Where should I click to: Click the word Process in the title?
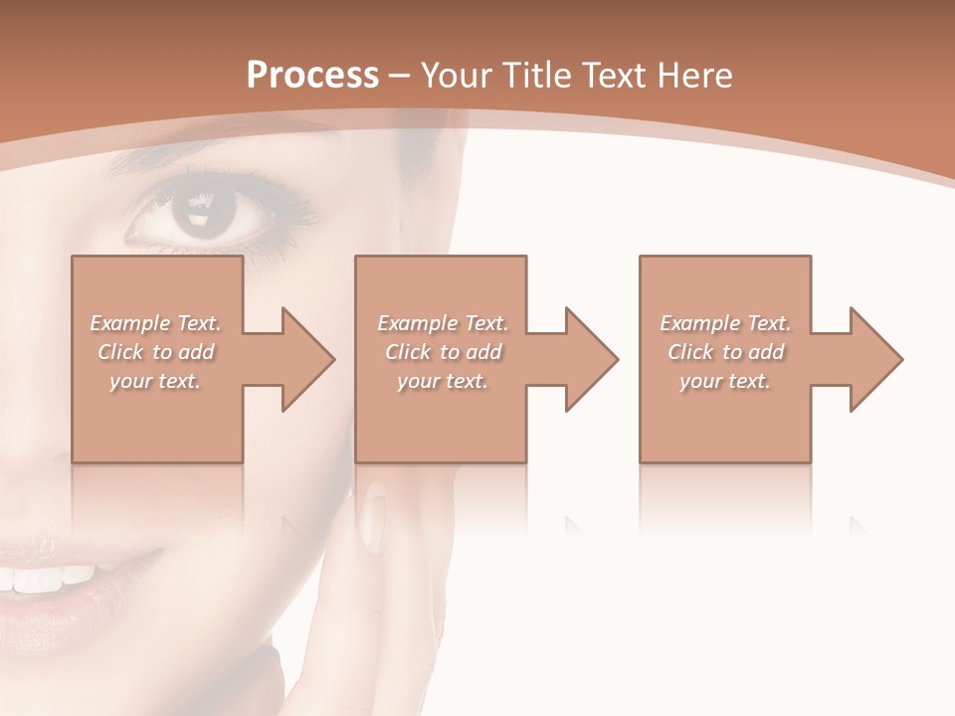(x=312, y=76)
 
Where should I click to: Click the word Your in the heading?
(x=459, y=76)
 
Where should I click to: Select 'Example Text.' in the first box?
(x=156, y=323)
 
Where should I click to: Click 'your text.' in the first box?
(x=156, y=381)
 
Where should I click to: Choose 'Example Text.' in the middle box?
(x=443, y=323)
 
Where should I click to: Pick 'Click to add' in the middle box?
(x=443, y=352)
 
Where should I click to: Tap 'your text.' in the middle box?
(x=443, y=381)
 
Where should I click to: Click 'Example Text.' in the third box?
(x=725, y=323)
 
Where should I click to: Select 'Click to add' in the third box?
(x=725, y=352)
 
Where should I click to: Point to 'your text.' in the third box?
(x=725, y=381)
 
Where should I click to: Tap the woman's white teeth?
(x=50, y=577)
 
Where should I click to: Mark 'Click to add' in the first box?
(x=156, y=352)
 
